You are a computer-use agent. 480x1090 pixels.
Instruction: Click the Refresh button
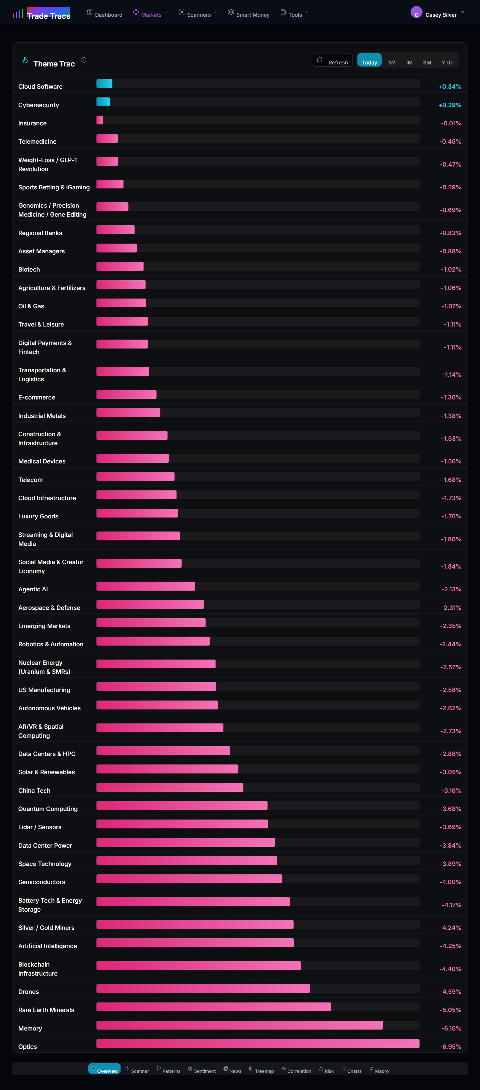332,60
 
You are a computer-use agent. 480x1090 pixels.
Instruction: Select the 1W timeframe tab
391,62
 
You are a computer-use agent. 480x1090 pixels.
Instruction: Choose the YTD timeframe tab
446,62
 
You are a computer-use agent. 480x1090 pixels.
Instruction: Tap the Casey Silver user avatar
416,13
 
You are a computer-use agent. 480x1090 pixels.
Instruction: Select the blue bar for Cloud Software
104,84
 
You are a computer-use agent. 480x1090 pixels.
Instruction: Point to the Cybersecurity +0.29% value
449,105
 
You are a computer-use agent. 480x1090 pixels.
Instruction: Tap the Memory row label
30,1028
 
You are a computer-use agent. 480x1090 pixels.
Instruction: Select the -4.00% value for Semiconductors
450,882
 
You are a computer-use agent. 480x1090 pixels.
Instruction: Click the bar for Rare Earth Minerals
213,1007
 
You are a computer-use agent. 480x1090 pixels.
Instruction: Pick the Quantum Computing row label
48,809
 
